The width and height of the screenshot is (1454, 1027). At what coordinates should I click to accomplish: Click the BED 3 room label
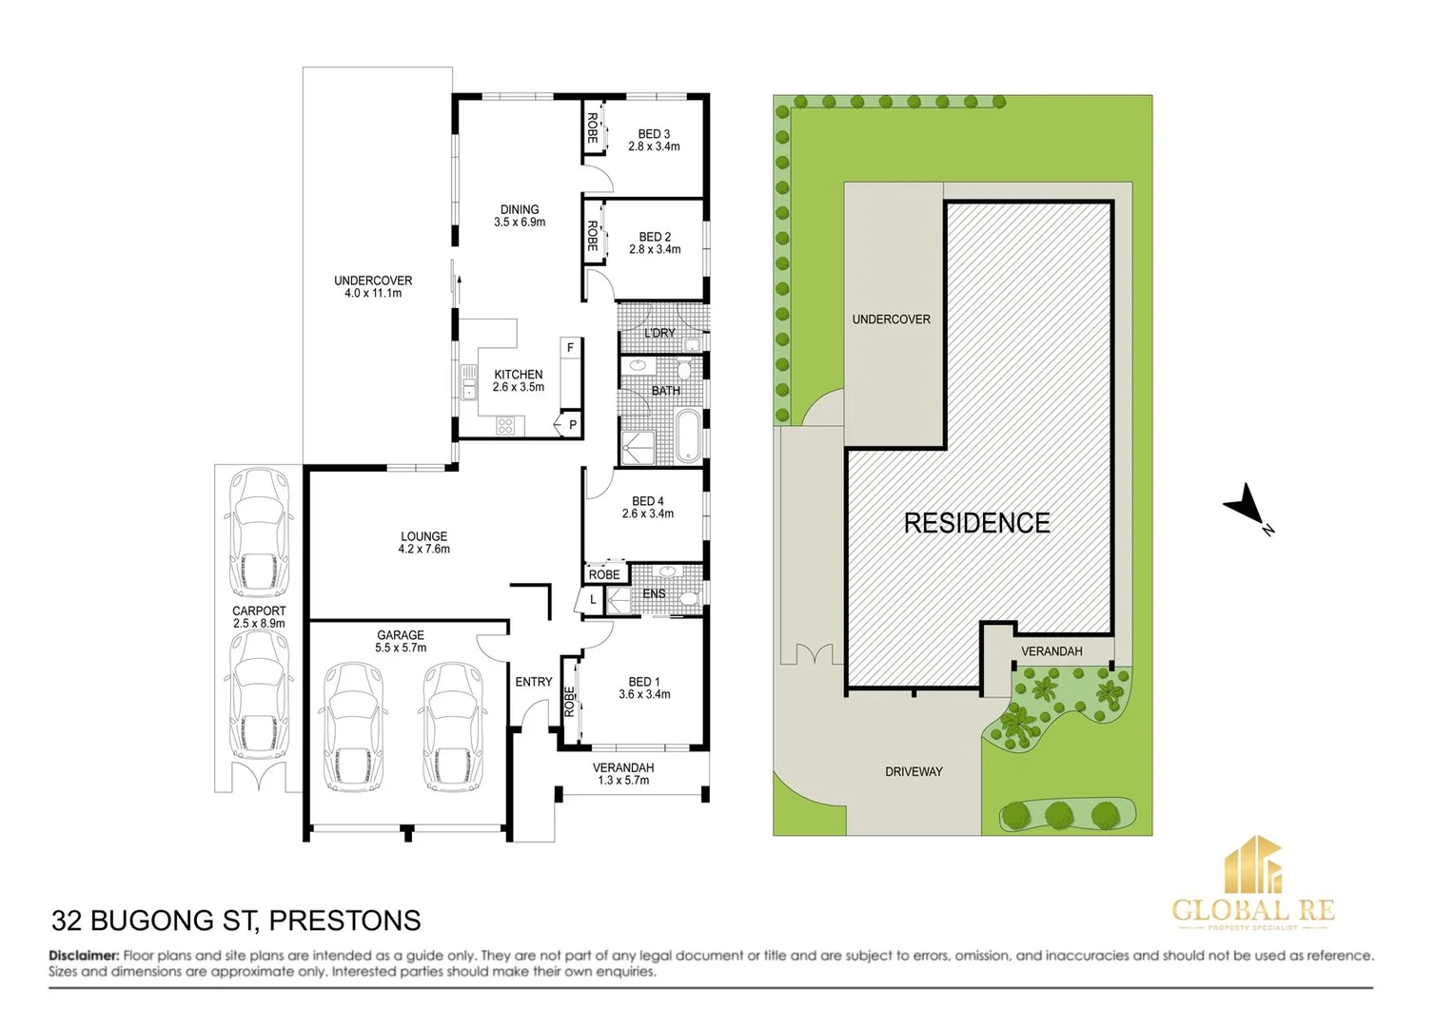click(654, 134)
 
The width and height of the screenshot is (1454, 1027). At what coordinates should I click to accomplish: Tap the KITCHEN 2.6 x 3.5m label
click(519, 380)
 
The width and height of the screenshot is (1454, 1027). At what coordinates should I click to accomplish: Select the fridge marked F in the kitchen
click(570, 348)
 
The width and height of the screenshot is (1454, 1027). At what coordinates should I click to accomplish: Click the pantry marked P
click(572, 425)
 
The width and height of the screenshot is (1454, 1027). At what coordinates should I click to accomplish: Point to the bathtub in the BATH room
click(687, 436)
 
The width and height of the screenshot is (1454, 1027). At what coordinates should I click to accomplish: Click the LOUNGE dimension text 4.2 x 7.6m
click(423, 550)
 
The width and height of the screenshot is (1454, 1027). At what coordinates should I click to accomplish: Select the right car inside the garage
click(452, 727)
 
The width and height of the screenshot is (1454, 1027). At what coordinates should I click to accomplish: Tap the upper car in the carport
click(259, 533)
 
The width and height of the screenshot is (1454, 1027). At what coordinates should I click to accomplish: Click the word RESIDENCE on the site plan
click(976, 523)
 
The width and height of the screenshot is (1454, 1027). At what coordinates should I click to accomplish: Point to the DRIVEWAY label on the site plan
click(914, 772)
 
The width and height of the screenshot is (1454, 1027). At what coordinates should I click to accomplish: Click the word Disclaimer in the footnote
click(84, 956)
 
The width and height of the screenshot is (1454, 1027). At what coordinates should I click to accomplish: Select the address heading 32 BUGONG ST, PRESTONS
click(236, 920)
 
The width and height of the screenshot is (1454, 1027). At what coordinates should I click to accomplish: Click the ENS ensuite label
click(654, 593)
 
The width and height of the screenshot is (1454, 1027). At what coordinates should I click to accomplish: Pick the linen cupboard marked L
click(592, 600)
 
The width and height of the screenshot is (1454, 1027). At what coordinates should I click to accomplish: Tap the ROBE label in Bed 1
click(569, 702)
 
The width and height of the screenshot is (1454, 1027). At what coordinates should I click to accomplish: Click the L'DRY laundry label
click(658, 333)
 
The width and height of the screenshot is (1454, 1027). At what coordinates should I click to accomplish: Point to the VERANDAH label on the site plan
click(1051, 651)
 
